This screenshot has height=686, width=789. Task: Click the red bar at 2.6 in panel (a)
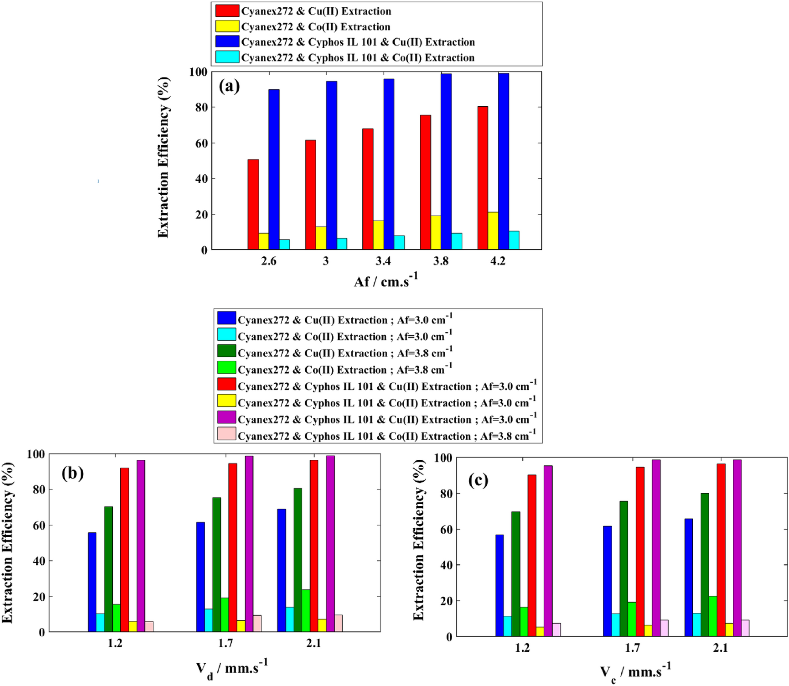pos(253,205)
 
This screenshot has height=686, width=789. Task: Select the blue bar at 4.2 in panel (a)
pos(503,161)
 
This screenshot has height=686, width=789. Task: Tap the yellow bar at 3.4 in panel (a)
pos(378,235)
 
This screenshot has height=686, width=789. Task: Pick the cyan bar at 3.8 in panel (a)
pos(456,242)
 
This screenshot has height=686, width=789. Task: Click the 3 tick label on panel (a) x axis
pos(326,261)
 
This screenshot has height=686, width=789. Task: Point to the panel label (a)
pos(229,86)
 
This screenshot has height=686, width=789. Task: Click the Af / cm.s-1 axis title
pos(385,281)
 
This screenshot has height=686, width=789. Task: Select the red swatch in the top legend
pos(227,11)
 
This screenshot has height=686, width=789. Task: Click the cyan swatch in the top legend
pos(227,57)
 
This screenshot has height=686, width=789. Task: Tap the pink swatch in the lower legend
pos(226,434)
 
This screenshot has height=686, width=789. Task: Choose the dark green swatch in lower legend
pos(226,351)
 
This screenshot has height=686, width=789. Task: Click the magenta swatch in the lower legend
pos(226,417)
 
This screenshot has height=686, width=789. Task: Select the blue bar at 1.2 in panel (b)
pos(92,582)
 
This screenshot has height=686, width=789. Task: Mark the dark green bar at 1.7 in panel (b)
pos(217,565)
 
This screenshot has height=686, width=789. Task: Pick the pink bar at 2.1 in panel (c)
pos(745,628)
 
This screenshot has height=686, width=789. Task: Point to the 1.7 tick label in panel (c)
pos(633,648)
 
